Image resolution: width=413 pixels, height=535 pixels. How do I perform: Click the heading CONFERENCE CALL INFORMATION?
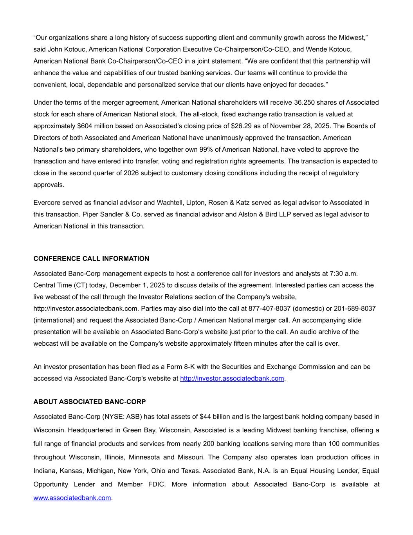(91, 259)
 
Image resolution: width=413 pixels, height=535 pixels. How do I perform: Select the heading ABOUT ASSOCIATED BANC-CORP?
(90, 402)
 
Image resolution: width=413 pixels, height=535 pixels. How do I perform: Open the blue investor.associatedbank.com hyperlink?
(232, 379)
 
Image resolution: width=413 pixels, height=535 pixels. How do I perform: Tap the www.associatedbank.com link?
(72, 498)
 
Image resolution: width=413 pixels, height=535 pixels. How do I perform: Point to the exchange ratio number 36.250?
(304, 103)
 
